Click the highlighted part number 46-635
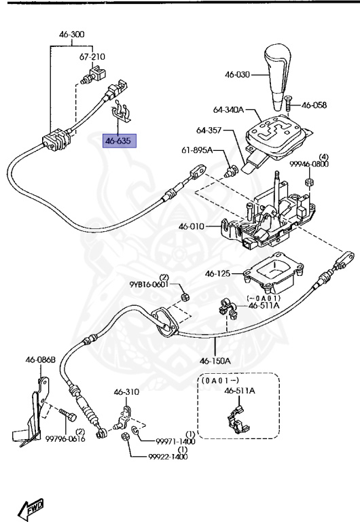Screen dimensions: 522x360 (120, 141)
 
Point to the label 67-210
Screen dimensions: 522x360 (92, 57)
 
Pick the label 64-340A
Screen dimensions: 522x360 (228, 109)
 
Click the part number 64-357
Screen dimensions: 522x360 (210, 130)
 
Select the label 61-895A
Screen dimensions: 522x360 (198, 150)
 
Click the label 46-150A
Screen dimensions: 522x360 (215, 360)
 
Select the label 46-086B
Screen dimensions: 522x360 (40, 360)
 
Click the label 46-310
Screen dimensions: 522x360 (126, 392)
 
